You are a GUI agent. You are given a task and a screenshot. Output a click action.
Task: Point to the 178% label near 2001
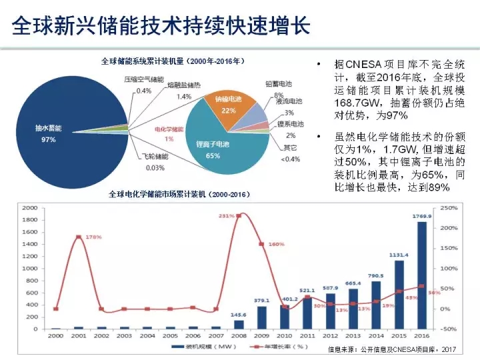pos(93,237)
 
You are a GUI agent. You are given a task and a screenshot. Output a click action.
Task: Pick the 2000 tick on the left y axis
pos(29,208)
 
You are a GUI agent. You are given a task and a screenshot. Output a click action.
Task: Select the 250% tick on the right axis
pos(448,208)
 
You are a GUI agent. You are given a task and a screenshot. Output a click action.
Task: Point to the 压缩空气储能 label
pos(143,79)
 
